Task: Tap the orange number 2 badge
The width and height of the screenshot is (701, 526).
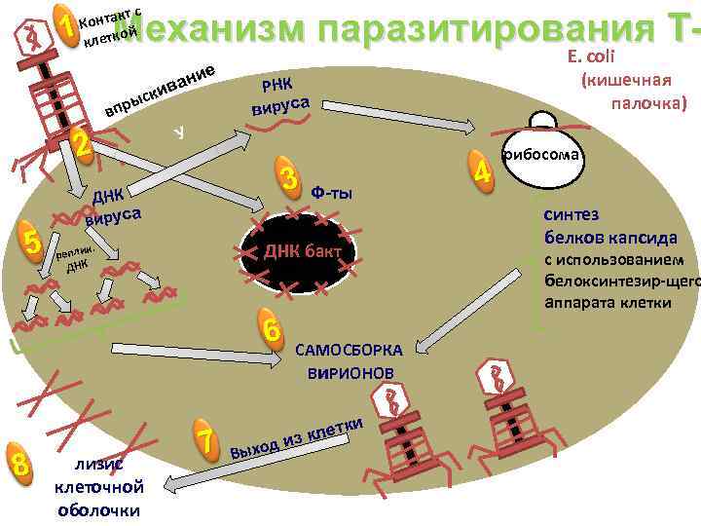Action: point(83,146)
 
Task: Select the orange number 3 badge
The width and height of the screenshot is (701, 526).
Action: point(287,178)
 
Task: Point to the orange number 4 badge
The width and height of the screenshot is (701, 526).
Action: point(480,169)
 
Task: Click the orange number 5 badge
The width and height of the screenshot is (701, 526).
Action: point(33,242)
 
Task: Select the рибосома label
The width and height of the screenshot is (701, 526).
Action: point(541,154)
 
